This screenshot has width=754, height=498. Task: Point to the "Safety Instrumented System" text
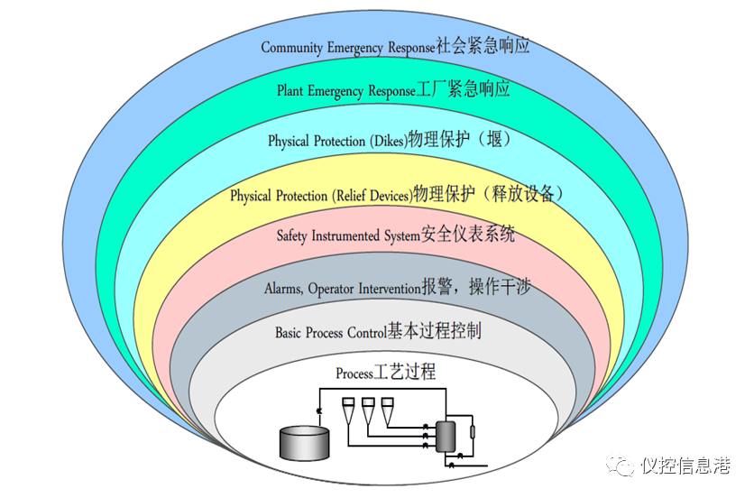coord(348,236)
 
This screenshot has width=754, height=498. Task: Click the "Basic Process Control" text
coord(330,333)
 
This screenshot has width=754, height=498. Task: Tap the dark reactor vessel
coord(445,437)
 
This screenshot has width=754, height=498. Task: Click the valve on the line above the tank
coord(319,411)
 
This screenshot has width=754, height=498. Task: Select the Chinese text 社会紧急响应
coord(483,46)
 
